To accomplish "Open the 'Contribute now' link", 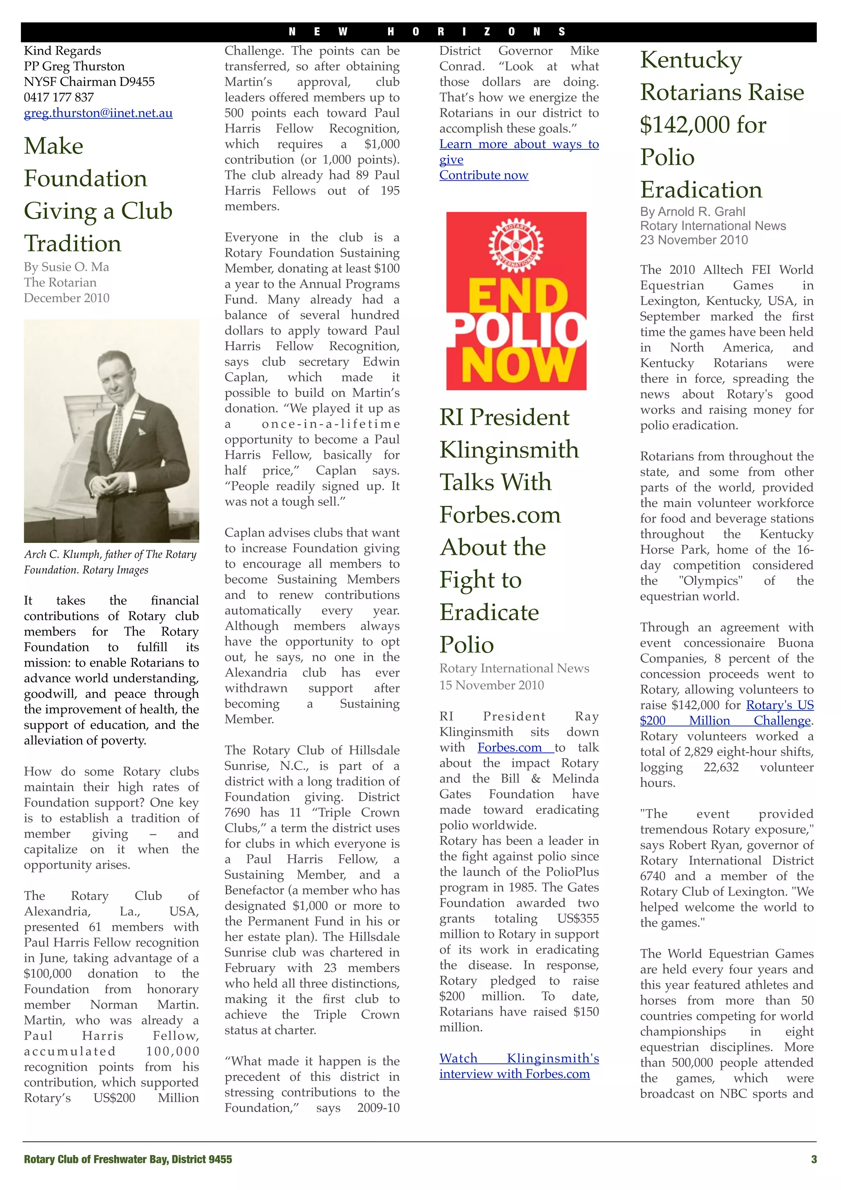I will click(483, 175).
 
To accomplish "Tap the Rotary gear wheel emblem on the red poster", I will click(516, 244).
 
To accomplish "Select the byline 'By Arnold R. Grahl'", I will click(692, 211).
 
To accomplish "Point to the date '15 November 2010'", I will click(491, 685).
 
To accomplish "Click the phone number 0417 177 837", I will click(59, 97).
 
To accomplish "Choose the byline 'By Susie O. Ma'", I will click(67, 267).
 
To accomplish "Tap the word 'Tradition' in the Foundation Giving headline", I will click(73, 243).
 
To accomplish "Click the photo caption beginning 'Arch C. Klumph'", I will click(110, 562).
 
